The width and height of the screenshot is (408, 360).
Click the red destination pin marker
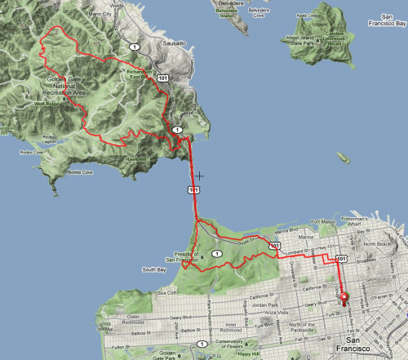pos(344,298)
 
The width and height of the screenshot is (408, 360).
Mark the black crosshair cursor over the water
pos(197,175)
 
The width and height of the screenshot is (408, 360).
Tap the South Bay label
pos(154,269)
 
